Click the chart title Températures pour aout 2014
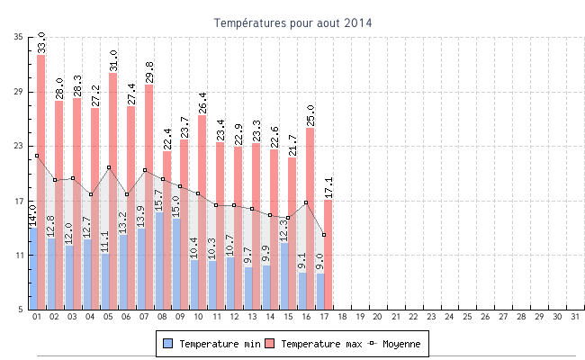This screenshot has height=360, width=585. click(292, 22)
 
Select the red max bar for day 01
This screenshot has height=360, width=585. click(41, 180)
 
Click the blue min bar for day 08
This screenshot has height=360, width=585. click(158, 261)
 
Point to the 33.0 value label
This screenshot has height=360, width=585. click(41, 42)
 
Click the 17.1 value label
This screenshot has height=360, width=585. click(328, 187)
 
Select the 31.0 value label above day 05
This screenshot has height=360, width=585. click(113, 60)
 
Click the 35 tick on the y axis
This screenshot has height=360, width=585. click(19, 37)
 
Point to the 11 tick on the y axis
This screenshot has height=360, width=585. click(19, 256)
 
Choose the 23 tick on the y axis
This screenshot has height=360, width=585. click(19, 146)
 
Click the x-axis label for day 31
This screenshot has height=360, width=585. click(574, 317)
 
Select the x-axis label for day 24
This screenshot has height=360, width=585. click(449, 317)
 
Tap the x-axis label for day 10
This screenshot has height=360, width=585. click(198, 317)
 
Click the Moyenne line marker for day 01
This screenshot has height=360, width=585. click(37, 156)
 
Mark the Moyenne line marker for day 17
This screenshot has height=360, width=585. click(323, 235)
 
